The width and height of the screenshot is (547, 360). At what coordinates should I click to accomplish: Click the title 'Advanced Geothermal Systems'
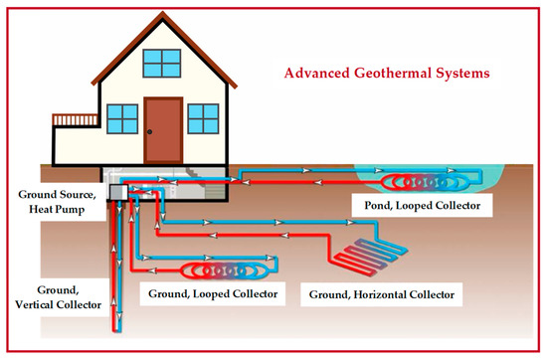point(387,74)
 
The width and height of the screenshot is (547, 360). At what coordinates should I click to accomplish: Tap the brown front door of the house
point(163,130)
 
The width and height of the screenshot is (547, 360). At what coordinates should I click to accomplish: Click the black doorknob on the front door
point(149,132)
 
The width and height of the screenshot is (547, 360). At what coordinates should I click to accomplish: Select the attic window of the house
point(162,63)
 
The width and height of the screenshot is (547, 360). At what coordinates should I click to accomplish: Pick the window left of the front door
point(122,119)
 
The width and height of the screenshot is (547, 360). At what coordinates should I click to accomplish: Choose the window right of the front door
point(203,118)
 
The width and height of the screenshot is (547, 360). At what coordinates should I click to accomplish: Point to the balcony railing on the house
point(75,119)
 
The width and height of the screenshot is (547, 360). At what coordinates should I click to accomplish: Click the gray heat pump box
point(118,192)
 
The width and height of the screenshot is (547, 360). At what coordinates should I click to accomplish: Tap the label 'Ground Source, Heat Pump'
point(57,202)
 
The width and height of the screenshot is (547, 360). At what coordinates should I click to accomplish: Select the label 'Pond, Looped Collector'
point(422,206)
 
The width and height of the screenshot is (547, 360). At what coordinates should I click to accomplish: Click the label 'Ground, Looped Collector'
point(213,293)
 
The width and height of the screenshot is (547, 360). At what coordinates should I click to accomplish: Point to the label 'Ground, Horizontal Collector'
point(382,294)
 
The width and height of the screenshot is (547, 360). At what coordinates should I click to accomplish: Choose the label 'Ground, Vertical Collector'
point(59,297)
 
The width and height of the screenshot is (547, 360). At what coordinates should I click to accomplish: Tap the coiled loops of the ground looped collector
point(225,270)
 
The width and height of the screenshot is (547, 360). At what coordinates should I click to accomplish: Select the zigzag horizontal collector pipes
point(370,256)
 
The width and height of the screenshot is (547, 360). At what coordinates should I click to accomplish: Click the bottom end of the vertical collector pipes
point(117,331)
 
